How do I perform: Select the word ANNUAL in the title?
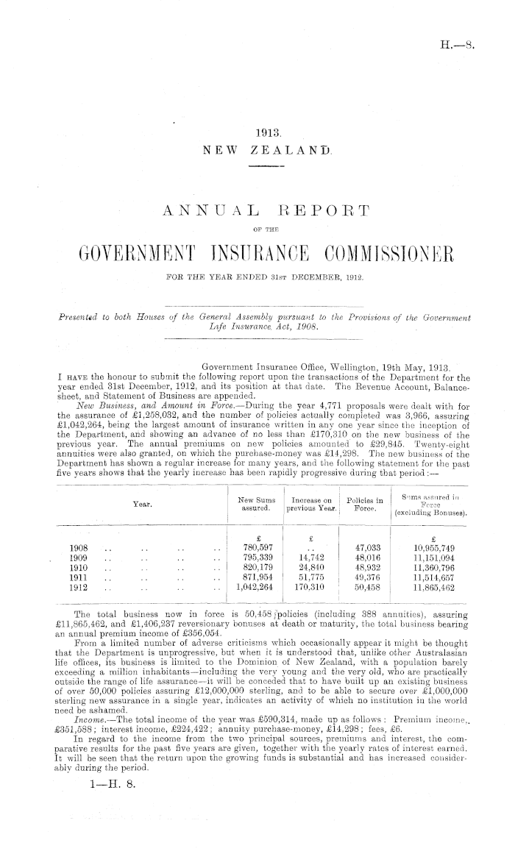click(218, 212)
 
